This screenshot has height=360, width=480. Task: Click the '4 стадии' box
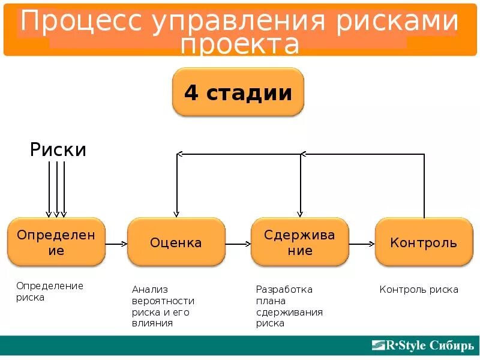238,92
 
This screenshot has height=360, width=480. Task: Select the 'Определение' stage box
56,242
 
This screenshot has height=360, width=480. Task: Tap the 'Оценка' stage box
176,242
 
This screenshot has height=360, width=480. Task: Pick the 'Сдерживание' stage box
299,242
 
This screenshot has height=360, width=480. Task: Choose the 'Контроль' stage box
424,242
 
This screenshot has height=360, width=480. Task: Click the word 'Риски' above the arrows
58,149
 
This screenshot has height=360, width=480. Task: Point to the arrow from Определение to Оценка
116,244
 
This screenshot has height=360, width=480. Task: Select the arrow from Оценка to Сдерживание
238,244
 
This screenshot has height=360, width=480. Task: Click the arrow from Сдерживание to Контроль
362,244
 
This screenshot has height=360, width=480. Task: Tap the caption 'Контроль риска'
419,290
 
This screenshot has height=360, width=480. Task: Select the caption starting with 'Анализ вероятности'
163,306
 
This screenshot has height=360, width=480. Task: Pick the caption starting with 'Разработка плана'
289,306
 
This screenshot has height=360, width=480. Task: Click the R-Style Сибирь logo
422,346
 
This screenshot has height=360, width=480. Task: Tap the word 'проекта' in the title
240,44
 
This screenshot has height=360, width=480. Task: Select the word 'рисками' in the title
397,22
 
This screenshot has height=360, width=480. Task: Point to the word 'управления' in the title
239,22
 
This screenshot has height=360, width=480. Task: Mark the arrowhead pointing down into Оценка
176,213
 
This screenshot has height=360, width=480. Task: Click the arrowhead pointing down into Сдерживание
300,213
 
